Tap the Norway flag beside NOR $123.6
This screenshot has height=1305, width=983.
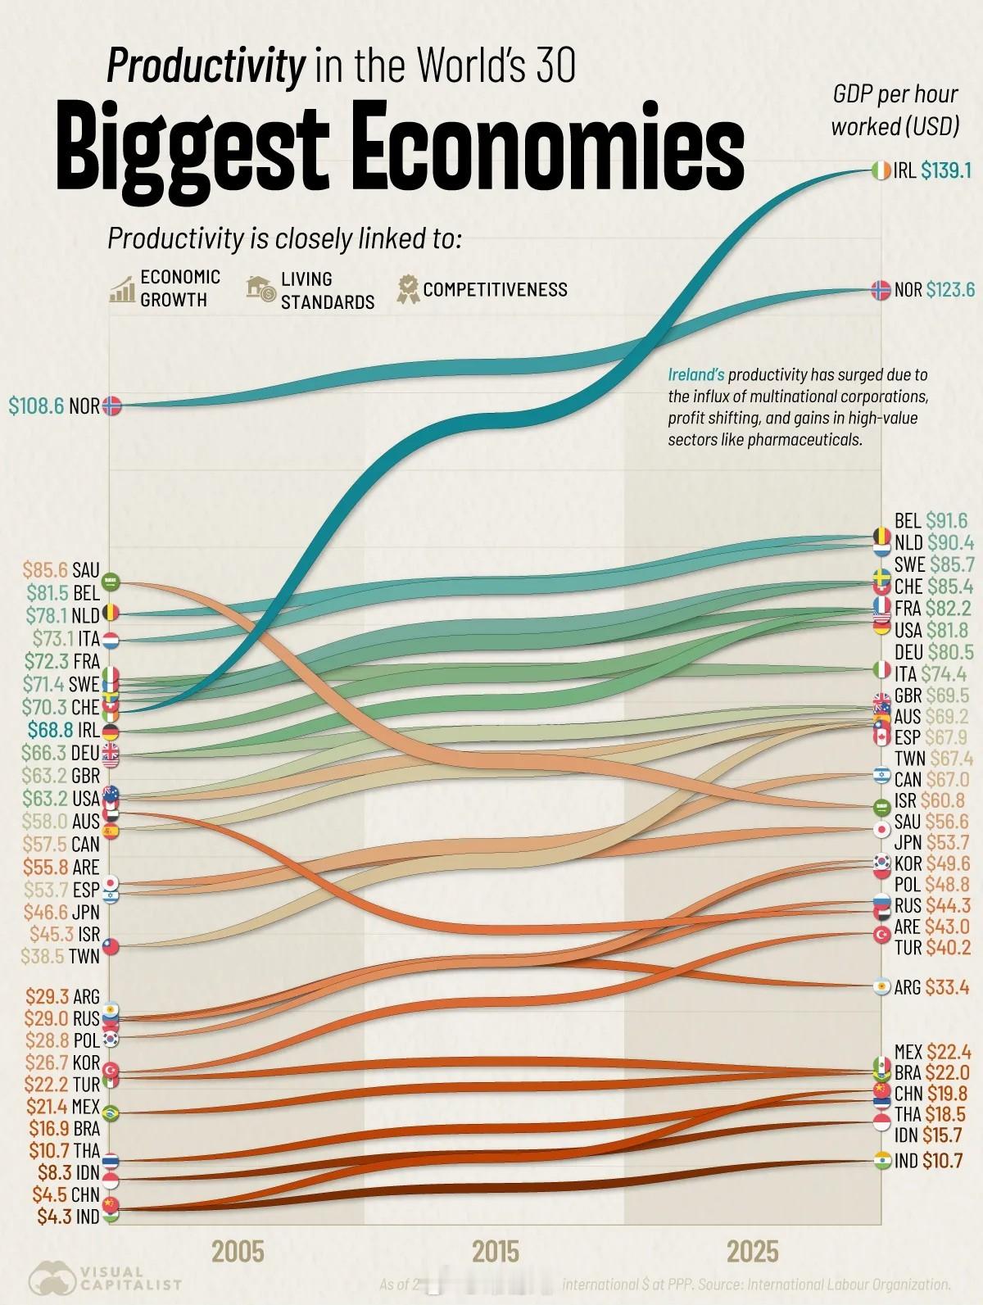[x=881, y=289]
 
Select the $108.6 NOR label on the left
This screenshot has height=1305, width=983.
[x=54, y=406]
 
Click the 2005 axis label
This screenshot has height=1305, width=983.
[x=238, y=1252]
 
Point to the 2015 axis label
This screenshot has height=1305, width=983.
[x=495, y=1252]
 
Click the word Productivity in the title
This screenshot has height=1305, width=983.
[x=205, y=66]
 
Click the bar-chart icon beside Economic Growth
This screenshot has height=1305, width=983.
[x=122, y=290]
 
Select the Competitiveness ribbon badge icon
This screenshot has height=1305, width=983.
[x=407, y=289]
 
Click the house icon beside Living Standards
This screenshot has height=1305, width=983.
[x=261, y=289]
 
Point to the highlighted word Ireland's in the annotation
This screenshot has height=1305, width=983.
[x=695, y=375]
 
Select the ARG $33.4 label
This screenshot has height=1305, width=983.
[x=931, y=987]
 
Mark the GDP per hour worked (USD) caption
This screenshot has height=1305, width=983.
[x=895, y=111]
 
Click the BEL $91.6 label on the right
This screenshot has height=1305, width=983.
[x=931, y=520]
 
